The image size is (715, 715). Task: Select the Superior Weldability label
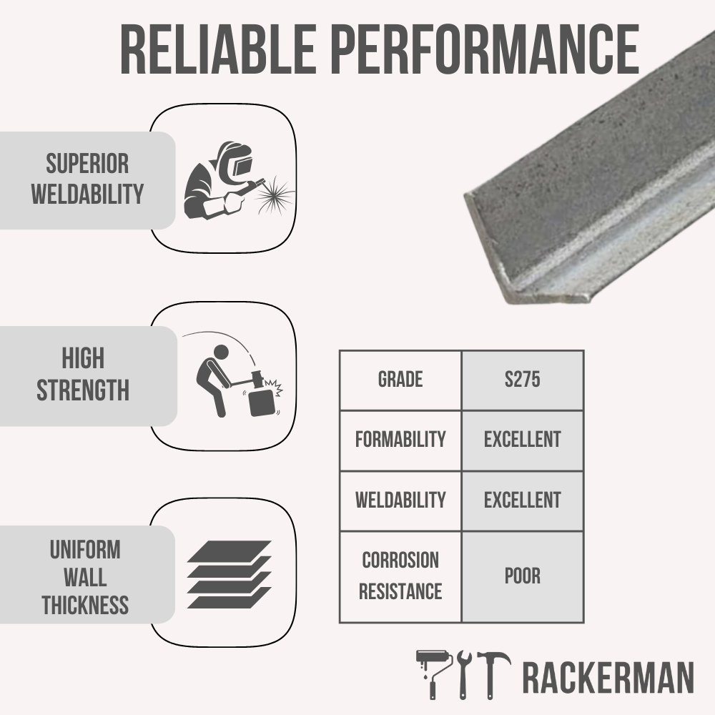tap(87, 179)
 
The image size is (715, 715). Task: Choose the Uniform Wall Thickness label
tap(85, 578)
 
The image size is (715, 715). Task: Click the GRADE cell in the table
tap(400, 380)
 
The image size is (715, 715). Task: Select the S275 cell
tap(522, 380)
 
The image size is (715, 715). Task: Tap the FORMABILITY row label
tap(400, 440)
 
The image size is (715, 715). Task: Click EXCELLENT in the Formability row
tap(522, 440)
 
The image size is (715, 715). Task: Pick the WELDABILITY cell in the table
tap(400, 500)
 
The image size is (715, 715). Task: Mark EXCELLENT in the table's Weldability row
tap(522, 500)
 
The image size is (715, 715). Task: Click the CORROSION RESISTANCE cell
tap(400, 576)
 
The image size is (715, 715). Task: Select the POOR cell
tap(522, 576)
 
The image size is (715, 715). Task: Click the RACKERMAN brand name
tap(608, 678)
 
